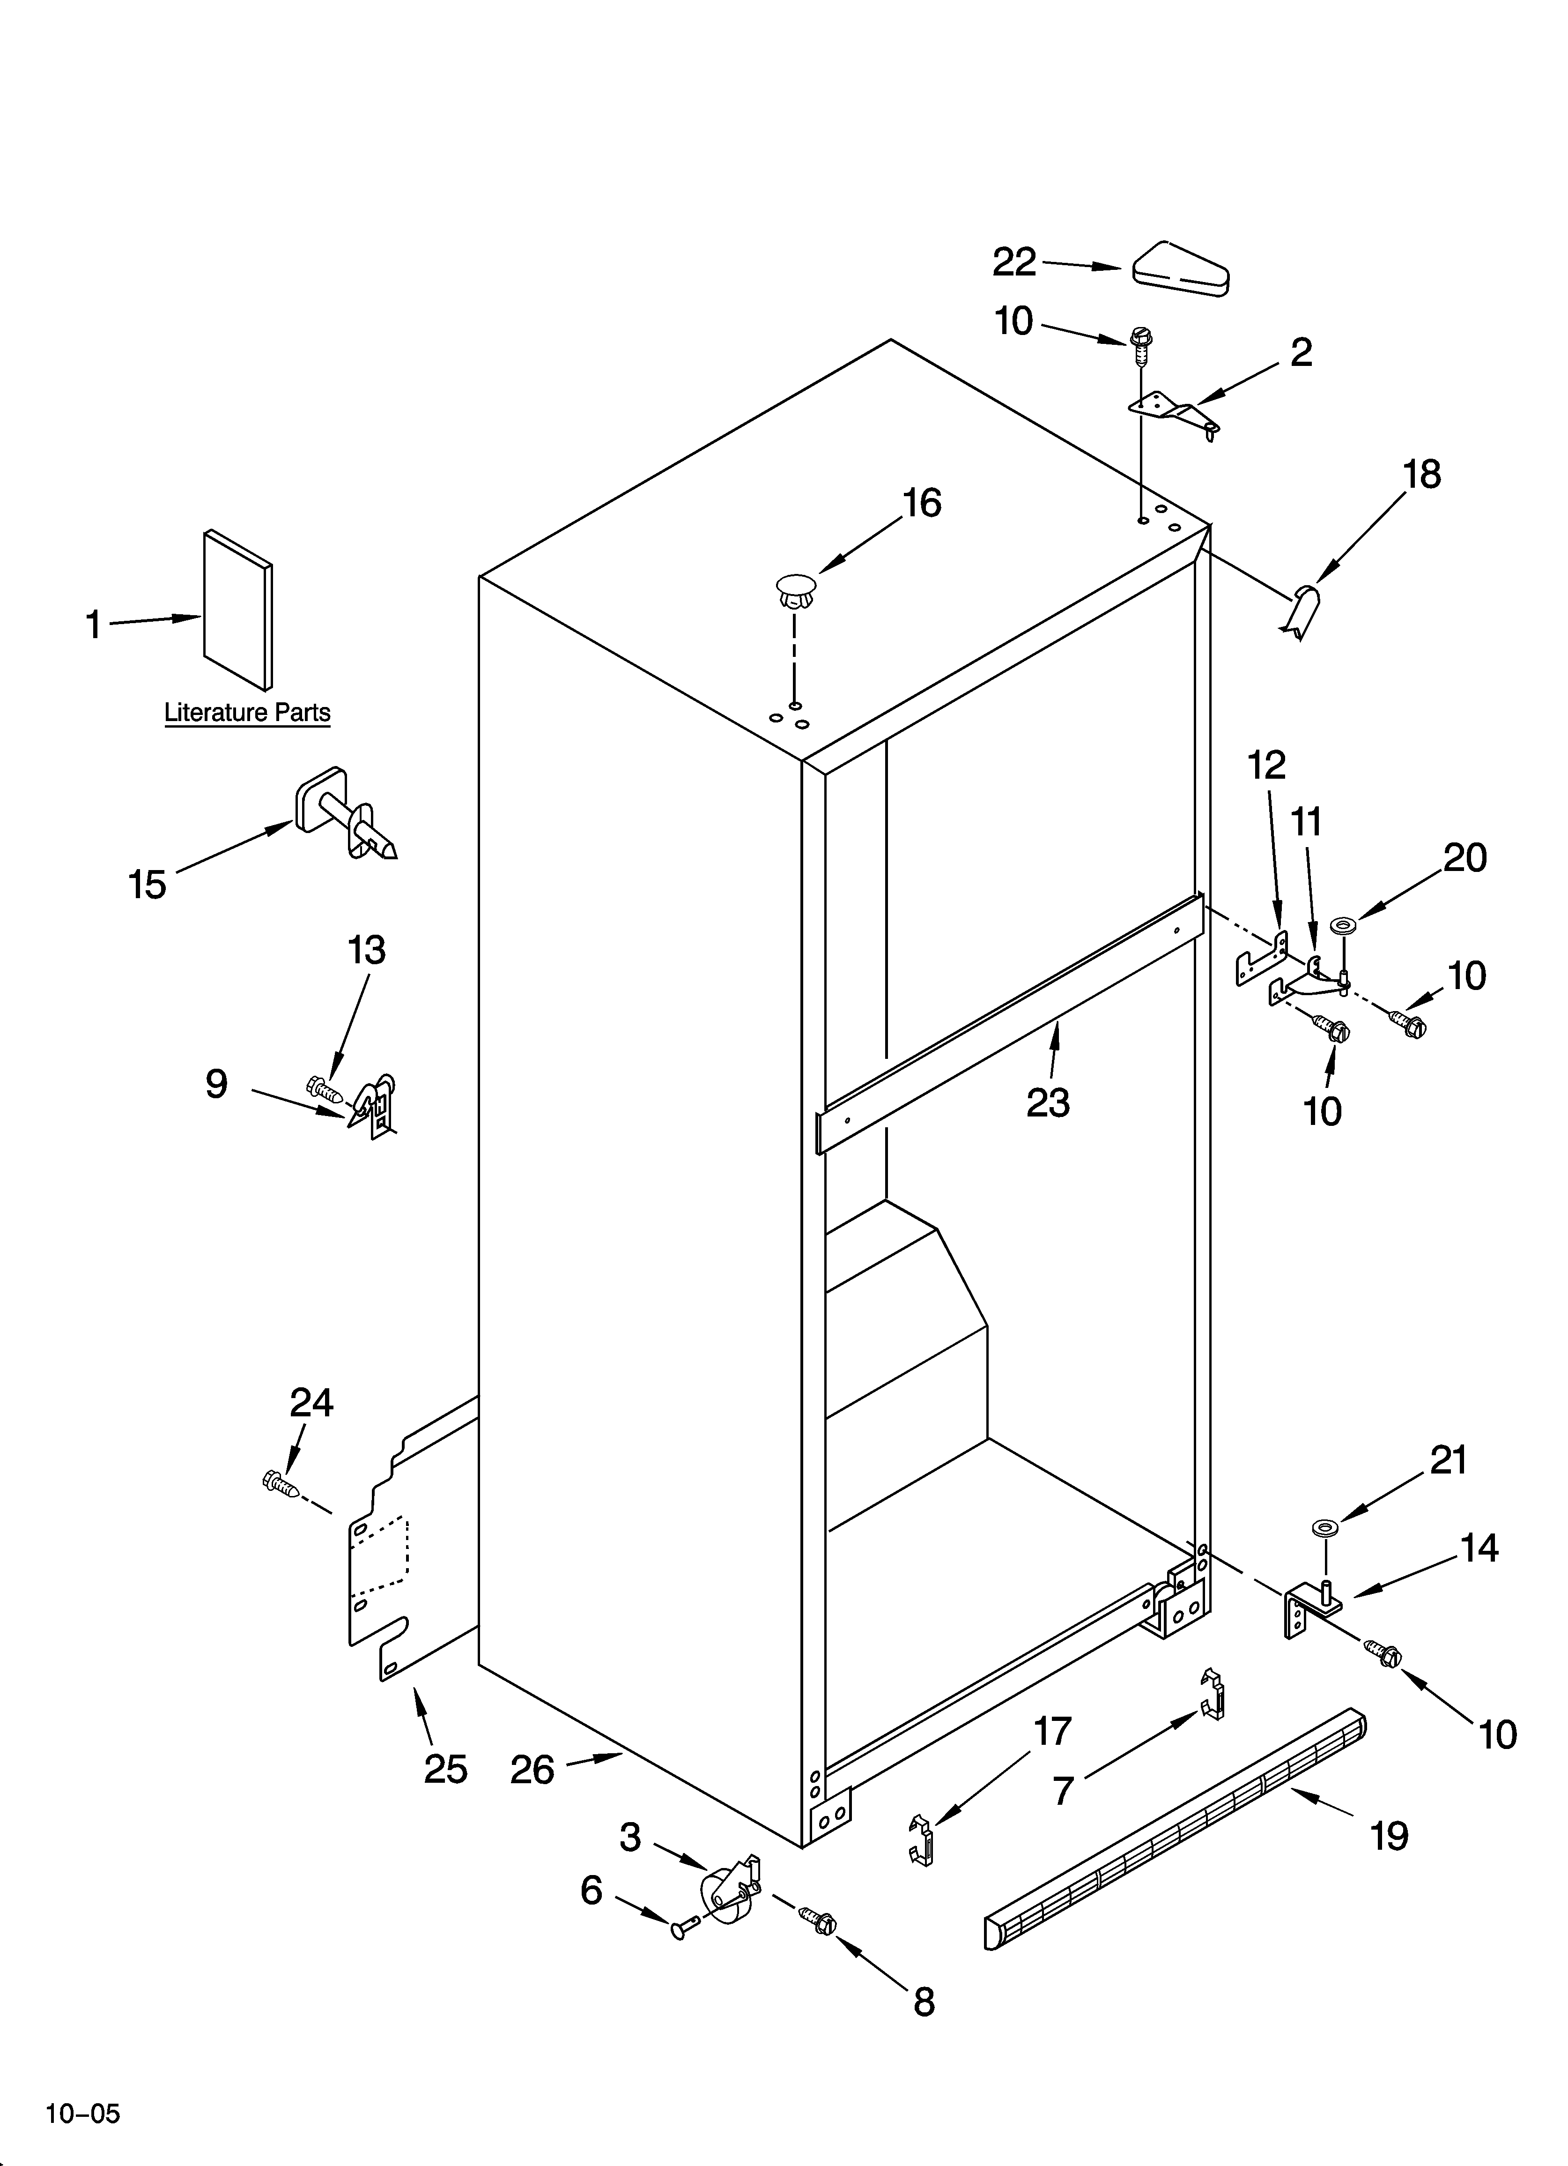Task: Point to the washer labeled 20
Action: [1345, 924]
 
